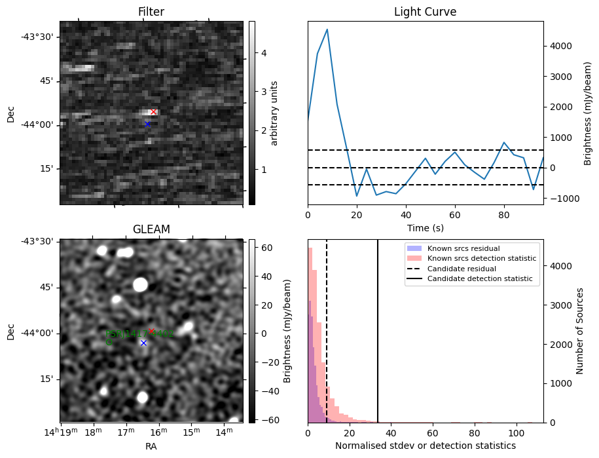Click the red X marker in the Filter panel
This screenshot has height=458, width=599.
tap(153, 112)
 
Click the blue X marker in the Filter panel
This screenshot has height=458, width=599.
tap(147, 124)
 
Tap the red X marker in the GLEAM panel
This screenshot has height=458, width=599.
tap(151, 331)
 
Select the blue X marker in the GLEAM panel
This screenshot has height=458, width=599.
tap(143, 343)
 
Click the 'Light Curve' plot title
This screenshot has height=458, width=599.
tap(425, 12)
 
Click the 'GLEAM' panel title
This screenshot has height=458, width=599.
tap(151, 229)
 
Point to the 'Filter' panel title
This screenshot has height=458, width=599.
tap(151, 12)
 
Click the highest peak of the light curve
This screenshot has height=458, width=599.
tap(327, 29)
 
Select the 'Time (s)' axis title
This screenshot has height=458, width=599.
tap(425, 227)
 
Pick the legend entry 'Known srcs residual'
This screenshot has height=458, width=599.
tap(463, 248)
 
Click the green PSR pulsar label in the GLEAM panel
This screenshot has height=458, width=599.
tap(139, 334)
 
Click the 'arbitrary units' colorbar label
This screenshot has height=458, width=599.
tap(275, 113)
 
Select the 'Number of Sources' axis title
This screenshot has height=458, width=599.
tap(580, 331)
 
